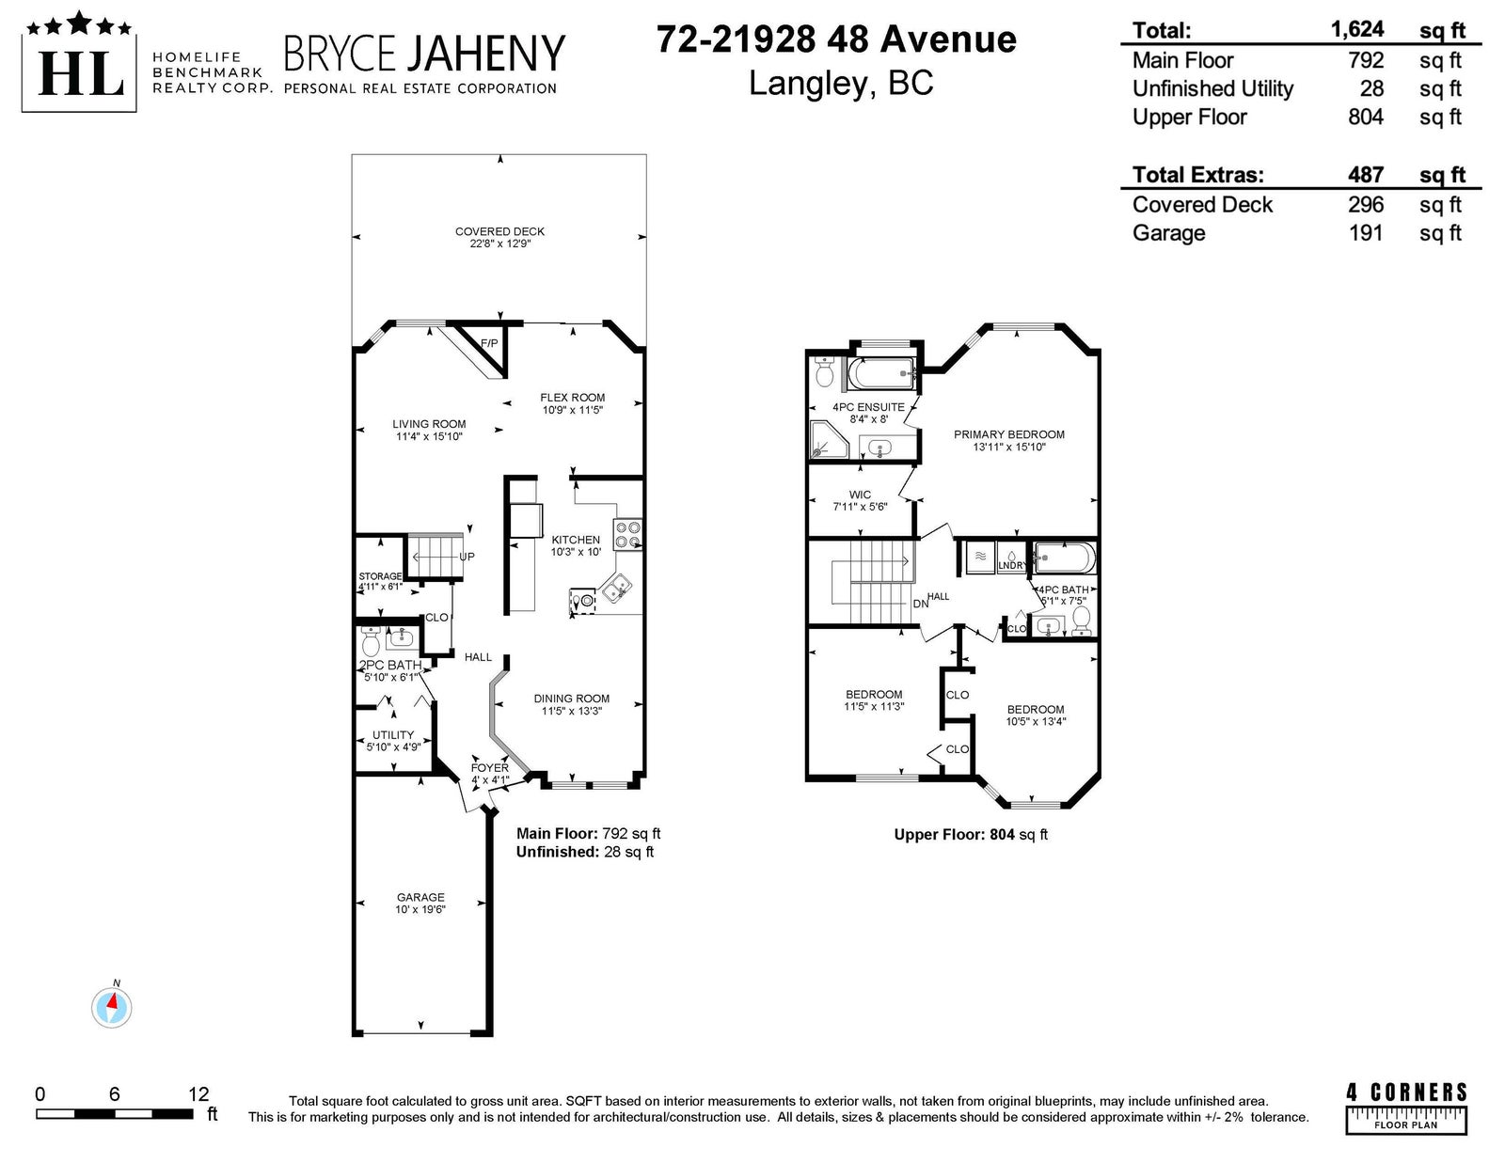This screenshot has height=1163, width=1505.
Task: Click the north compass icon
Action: pyautogui.click(x=112, y=1007)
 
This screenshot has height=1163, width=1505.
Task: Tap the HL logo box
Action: pyautogui.click(x=79, y=63)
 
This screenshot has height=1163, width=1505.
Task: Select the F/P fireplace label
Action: pyautogui.click(x=489, y=343)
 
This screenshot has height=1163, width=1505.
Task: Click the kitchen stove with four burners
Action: pyautogui.click(x=627, y=534)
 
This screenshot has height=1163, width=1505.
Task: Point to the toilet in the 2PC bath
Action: pyautogui.click(x=371, y=642)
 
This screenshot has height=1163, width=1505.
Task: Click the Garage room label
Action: pyautogui.click(x=420, y=897)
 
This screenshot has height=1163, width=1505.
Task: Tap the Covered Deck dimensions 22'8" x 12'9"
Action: pyautogui.click(x=500, y=244)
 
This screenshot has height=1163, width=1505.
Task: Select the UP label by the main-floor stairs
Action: pyautogui.click(x=467, y=557)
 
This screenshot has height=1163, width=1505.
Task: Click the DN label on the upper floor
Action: pyautogui.click(x=921, y=604)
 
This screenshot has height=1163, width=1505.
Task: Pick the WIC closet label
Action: pyautogui.click(x=860, y=495)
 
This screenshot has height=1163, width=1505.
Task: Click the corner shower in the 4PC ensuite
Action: pyautogui.click(x=829, y=440)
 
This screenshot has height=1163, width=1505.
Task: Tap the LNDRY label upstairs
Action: pyautogui.click(x=1012, y=566)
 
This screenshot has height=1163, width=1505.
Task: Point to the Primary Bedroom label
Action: pyautogui.click(x=1009, y=434)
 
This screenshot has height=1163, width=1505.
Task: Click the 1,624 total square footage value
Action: pyautogui.click(x=1357, y=30)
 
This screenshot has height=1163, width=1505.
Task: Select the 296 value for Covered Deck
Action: pyautogui.click(x=1366, y=204)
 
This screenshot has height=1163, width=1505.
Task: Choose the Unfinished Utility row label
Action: pyautogui.click(x=1212, y=88)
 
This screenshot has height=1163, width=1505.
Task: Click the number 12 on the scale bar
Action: pyautogui.click(x=198, y=1093)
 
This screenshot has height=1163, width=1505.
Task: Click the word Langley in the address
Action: pyautogui.click(x=809, y=85)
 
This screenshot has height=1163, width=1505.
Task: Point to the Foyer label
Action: pyautogui.click(x=490, y=768)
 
